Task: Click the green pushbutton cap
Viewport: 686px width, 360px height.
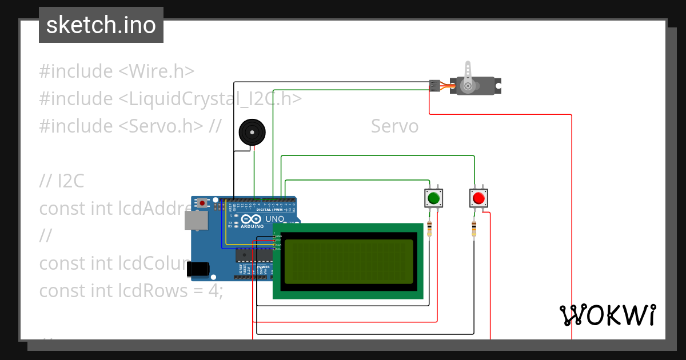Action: point(433,198)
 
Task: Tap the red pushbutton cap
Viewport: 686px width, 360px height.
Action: point(478,198)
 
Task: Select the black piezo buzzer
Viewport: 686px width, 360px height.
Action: point(252,132)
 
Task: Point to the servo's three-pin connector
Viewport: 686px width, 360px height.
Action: point(435,86)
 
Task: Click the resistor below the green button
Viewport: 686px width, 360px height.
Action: point(429,230)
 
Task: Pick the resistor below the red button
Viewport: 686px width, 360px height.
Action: point(473,229)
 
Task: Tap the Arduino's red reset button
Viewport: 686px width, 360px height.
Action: point(202,203)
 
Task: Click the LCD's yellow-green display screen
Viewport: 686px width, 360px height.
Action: point(348,261)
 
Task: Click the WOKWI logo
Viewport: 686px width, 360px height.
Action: point(607,315)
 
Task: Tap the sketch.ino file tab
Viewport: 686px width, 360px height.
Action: point(101,25)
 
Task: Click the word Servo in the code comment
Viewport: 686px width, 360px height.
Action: point(394,126)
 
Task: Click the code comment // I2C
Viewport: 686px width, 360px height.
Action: point(62,181)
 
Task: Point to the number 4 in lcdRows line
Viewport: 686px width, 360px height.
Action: point(213,291)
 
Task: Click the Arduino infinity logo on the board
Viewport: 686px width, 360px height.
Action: point(252,219)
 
